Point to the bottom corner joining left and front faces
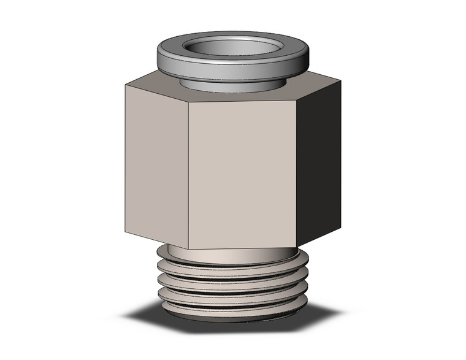click(x=188, y=248)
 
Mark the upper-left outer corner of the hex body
click(x=125, y=85)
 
